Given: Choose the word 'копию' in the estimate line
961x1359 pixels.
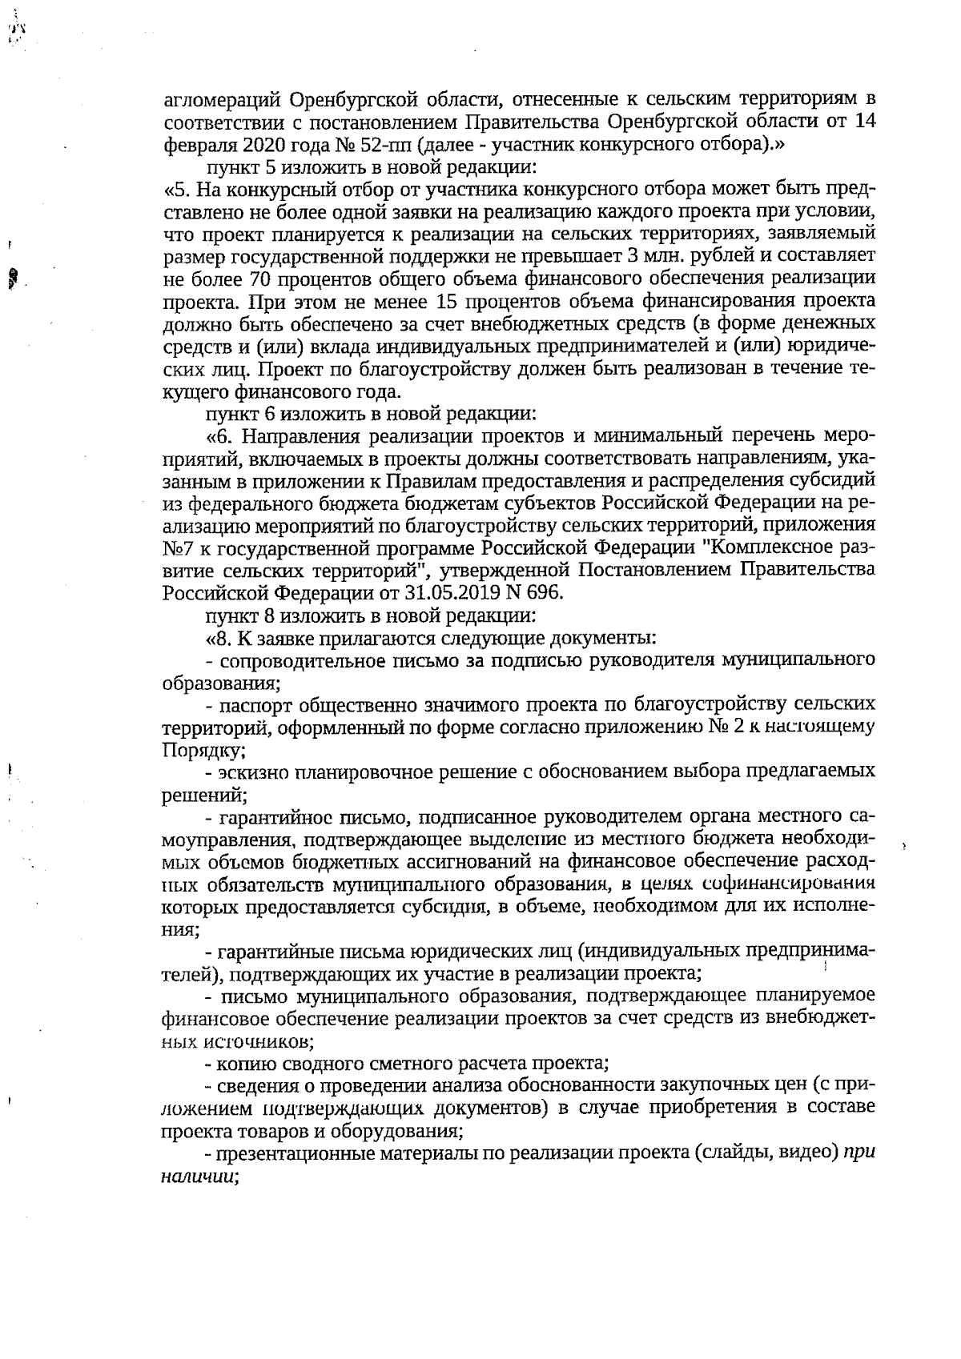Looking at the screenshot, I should click(244, 1064).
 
